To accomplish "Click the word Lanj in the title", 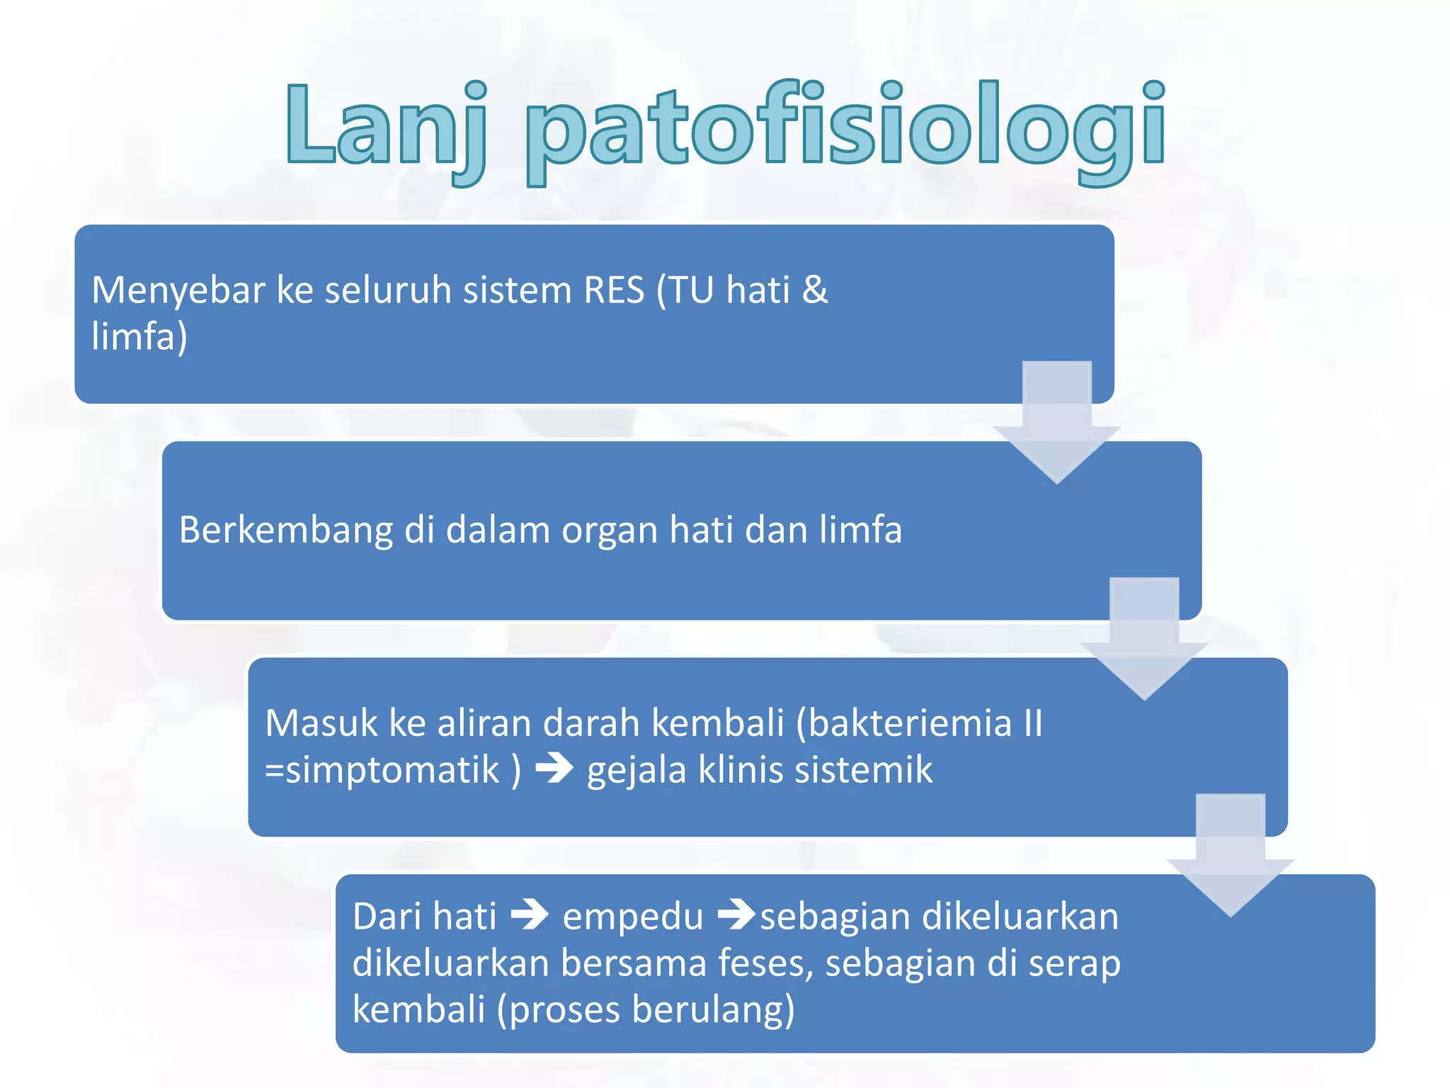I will point(386,127).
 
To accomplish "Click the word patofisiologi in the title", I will point(846,131).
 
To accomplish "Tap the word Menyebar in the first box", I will point(178,290).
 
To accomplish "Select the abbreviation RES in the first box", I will point(614,290).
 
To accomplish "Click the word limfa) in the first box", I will point(139,336).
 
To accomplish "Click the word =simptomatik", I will point(382,770).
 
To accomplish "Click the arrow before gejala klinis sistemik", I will point(554,769).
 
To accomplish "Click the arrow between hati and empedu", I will point(530,914).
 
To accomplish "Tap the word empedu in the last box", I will point(632,917).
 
